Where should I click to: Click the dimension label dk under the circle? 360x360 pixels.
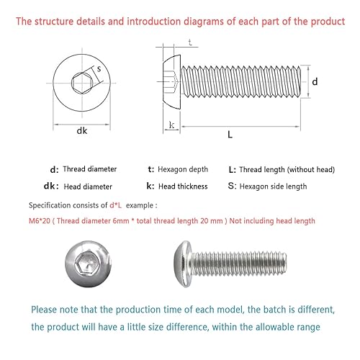[82, 130]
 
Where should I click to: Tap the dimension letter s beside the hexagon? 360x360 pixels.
[99, 69]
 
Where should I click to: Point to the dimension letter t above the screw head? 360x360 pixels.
[190, 42]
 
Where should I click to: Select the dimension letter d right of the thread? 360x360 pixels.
[315, 81]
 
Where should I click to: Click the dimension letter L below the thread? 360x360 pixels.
[230, 135]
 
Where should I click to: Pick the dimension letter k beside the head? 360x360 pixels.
[171, 125]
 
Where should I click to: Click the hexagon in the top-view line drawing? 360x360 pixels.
[82, 83]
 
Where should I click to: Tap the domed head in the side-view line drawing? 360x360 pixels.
[172, 82]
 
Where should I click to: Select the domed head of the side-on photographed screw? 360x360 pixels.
[183, 264]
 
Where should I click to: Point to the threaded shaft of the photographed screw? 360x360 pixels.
[239, 264]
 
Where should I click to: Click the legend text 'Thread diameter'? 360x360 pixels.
[90, 169]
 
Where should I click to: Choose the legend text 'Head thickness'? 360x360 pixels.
[183, 186]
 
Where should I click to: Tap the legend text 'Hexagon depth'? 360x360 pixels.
[183, 169]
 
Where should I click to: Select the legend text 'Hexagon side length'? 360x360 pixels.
[273, 186]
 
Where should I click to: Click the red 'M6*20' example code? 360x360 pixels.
[40, 221]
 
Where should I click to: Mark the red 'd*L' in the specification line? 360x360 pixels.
[116, 205]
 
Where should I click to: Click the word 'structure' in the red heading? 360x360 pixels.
[54, 22]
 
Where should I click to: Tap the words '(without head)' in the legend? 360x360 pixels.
[311, 170]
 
